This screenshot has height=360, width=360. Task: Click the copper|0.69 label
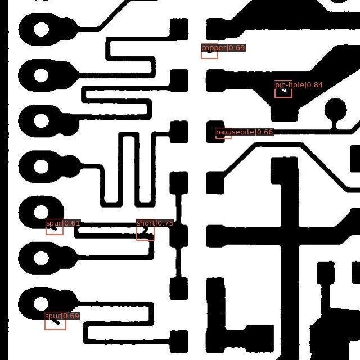pos(223,48)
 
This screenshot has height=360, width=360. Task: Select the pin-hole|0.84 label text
pos(299,85)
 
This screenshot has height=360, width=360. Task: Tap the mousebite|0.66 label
pos(244,132)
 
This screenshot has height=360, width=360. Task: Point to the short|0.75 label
pos(155,223)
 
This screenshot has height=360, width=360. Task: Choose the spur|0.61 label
pos(63,223)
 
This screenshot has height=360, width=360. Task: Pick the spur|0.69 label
pos(62,316)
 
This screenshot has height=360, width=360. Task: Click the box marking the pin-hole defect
pos(283,92)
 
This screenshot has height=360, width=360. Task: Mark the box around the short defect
pos(145,233)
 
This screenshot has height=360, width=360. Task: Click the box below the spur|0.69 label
pos(55,325)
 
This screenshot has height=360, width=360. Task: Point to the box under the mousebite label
pos(223,136)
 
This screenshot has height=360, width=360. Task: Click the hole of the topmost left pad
pos(42,29)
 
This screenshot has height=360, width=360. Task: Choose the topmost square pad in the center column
pos(179,28)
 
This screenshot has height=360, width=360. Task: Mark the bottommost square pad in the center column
pos(179,340)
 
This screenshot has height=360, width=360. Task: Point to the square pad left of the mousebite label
pos(179,132)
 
